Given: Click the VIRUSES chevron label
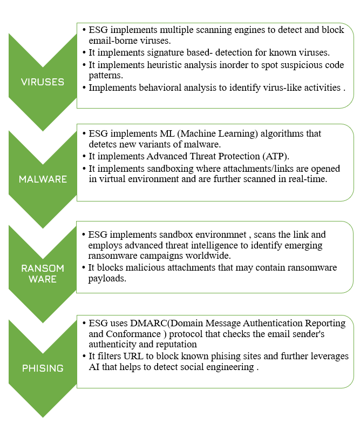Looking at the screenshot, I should point(42,82).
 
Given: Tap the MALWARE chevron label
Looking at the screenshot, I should point(42,179).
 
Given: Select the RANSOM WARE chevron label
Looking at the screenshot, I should point(42,273).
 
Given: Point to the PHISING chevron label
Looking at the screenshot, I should point(42,368).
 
